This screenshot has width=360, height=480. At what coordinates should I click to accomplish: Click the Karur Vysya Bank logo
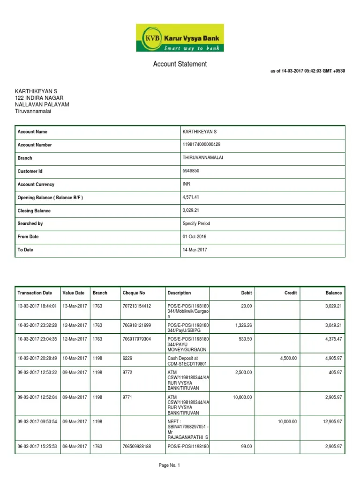tap(180, 37)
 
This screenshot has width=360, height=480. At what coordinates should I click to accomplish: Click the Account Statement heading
tap(180, 64)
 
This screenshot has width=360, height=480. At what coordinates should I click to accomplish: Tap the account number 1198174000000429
tap(202, 145)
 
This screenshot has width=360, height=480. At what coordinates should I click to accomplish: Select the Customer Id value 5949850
tap(191, 171)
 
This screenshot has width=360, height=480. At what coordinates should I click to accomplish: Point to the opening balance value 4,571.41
tap(191, 197)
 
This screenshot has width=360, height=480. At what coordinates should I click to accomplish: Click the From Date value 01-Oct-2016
tap(195, 237)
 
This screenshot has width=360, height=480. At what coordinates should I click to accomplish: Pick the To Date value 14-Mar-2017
tap(195, 250)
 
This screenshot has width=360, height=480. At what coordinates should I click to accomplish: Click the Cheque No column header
tap(134, 293)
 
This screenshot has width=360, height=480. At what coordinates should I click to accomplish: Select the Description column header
tap(179, 293)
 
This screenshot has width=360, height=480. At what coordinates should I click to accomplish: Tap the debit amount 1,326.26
tap(242, 325)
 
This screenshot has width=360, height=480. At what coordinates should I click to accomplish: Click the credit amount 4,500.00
tap(287, 358)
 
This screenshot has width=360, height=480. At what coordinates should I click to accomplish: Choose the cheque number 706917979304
tap(137, 338)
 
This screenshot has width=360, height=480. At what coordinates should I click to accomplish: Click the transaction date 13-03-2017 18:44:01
tap(37, 306)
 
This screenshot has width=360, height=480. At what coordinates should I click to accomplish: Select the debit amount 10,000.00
tap(242, 397)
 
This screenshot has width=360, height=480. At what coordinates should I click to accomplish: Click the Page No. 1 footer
tap(170, 465)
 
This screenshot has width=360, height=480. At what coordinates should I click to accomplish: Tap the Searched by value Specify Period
tap(196, 224)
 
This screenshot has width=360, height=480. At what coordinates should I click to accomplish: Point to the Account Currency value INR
tap(186, 184)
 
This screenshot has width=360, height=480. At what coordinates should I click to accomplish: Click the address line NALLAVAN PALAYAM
tap(42, 105)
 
